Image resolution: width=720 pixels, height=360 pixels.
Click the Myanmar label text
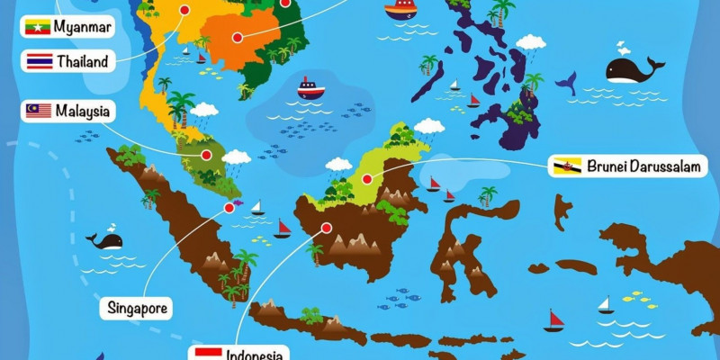[x=83, y=27]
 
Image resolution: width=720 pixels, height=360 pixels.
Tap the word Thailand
[x=82, y=62]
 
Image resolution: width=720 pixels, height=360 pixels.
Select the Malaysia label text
[x=83, y=111]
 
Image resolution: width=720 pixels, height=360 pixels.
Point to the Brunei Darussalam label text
[x=641, y=166]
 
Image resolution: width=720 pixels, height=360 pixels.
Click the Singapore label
[x=139, y=309]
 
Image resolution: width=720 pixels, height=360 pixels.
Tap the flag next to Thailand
[x=39, y=62]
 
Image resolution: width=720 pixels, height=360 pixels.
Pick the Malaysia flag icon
[x=39, y=111]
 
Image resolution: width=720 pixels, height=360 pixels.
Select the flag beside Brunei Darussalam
[x=567, y=166]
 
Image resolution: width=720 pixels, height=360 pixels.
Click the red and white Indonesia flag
[x=209, y=353]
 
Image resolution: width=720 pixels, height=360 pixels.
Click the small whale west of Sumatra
[x=105, y=240]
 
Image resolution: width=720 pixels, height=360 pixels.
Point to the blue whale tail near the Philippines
[x=565, y=84]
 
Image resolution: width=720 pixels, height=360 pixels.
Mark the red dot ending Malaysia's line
[x=207, y=156]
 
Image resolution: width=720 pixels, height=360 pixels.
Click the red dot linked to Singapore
[x=229, y=208]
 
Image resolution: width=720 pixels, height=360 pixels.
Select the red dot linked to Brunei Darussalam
[x=367, y=179]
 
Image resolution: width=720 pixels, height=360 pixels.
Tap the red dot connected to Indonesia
[x=326, y=228]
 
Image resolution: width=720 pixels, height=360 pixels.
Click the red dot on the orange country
[x=238, y=38]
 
